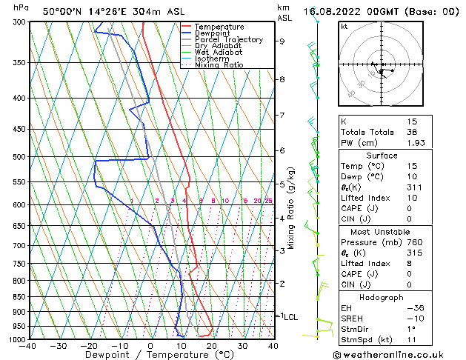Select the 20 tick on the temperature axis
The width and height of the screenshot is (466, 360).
coord(212,345)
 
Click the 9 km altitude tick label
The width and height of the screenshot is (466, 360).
coord(282,41)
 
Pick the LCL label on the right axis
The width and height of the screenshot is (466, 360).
coord(291,317)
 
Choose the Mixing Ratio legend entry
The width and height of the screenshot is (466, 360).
coord(219,65)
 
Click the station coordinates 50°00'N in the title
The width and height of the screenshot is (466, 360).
coord(61,11)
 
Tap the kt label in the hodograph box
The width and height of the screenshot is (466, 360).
coord(344,26)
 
